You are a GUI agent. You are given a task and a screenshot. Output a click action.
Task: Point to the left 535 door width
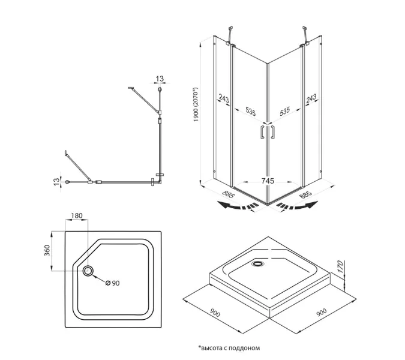[251, 110]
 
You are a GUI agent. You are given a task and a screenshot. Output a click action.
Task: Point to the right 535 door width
[286, 110]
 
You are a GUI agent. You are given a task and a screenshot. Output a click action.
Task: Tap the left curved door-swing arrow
[237, 207]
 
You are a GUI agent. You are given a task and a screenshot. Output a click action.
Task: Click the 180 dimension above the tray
[77, 216]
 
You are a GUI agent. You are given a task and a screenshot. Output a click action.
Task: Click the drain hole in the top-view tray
[88, 271]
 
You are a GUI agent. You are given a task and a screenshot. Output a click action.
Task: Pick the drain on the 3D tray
[259, 263]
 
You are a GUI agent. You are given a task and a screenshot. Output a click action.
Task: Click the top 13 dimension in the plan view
[160, 78]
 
